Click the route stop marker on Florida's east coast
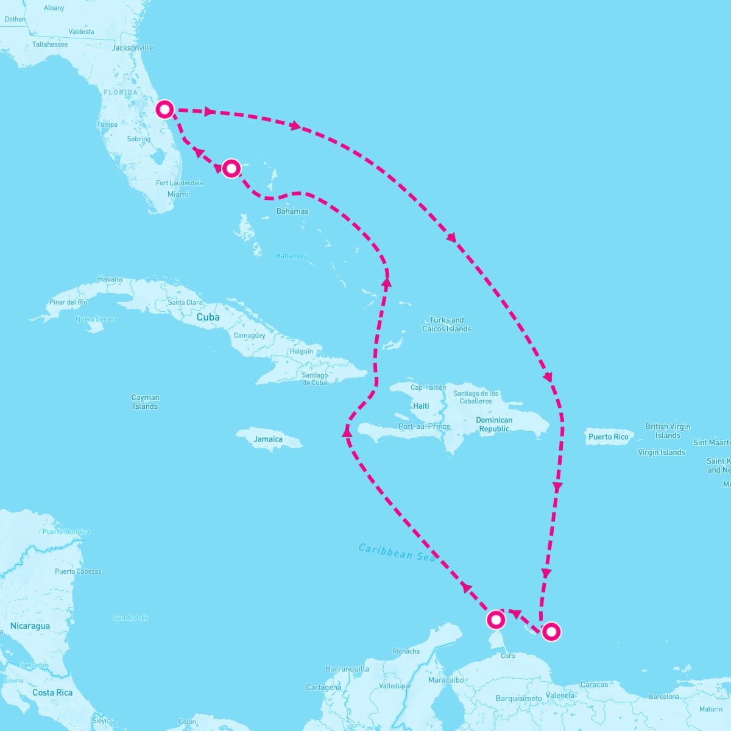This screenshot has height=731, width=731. click(x=165, y=110)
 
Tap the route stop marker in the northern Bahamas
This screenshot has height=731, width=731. click(x=231, y=168)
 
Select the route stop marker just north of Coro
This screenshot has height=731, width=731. click(x=496, y=620)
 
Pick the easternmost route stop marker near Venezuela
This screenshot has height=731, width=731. click(x=551, y=632)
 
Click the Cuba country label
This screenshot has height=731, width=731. click(x=208, y=317)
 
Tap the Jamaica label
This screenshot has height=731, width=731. click(x=268, y=439)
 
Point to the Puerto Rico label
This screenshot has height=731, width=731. click(x=608, y=437)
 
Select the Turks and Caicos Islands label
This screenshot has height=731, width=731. click(x=447, y=324)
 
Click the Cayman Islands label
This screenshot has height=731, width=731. click(x=145, y=402)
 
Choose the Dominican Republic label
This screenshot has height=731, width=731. click(x=494, y=424)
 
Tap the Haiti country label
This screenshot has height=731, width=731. click(x=421, y=406)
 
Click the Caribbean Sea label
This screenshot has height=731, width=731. click(x=397, y=552)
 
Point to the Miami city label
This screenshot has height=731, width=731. click(x=178, y=194)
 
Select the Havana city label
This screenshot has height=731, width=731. click(x=110, y=280)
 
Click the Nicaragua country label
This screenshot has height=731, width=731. click(x=30, y=626)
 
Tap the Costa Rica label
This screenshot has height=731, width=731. click(x=52, y=693)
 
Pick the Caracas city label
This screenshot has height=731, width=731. click(x=594, y=685)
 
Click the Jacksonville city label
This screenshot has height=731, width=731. click(x=132, y=48)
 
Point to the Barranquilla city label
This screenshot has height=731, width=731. click(x=347, y=669)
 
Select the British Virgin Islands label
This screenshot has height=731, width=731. click(x=668, y=431)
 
